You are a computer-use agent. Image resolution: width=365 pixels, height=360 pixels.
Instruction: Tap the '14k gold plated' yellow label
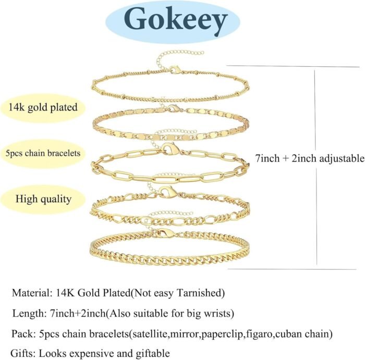(43, 108)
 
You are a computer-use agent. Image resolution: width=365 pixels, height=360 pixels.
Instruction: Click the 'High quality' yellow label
(43, 198)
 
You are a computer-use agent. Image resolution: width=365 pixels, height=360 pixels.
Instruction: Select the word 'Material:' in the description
(31, 293)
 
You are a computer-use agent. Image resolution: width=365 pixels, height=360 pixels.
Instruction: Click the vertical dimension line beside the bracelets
(313, 167)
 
